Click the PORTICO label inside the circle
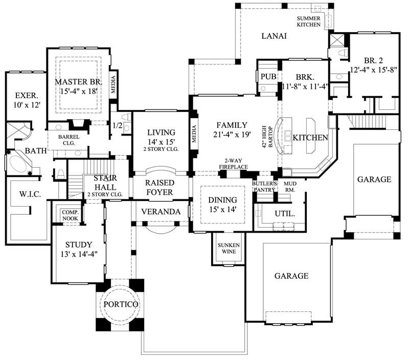[x=121, y=304]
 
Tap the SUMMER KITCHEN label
[x=309, y=21]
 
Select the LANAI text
[x=274, y=36]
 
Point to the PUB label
[x=268, y=77]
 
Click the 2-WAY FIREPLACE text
[x=233, y=164]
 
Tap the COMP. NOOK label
[x=70, y=215]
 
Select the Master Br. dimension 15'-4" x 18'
[x=79, y=91]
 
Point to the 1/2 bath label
[x=117, y=125]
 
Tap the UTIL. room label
[x=285, y=214]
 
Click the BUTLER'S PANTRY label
[x=264, y=186]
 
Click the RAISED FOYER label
[x=160, y=187]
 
